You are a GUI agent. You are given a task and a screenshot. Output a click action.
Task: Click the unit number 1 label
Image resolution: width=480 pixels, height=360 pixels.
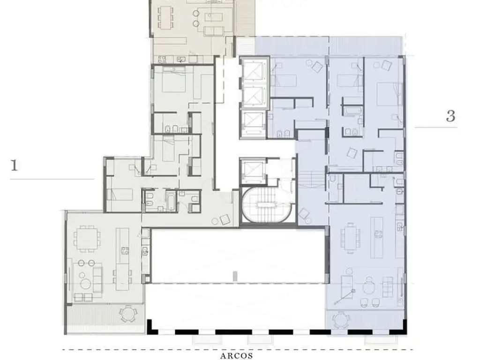click(x=15, y=165)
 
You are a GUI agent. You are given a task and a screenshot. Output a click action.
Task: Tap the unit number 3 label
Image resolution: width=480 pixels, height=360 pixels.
click(x=450, y=116)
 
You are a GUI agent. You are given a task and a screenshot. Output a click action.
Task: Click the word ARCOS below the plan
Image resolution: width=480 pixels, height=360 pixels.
click(x=237, y=355)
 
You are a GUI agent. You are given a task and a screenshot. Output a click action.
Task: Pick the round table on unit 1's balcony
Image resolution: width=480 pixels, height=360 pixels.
click(x=127, y=313)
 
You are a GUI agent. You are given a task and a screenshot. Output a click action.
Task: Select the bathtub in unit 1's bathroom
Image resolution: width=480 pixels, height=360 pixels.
click(x=170, y=201)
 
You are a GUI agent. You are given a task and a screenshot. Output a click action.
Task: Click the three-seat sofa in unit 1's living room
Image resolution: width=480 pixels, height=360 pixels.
click(x=97, y=279)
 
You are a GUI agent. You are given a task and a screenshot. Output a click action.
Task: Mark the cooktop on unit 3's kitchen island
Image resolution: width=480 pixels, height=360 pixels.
click(x=378, y=234)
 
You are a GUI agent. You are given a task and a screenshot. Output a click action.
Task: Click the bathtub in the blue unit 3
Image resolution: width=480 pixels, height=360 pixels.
click(x=352, y=110)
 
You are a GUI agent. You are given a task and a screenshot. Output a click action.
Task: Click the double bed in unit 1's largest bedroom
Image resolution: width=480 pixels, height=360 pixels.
click(x=173, y=80)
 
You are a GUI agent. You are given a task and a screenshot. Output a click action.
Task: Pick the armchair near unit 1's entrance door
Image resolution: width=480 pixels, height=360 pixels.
click(x=225, y=219)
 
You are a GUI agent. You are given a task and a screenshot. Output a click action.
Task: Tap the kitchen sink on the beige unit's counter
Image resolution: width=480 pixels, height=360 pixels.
click(x=180, y=59)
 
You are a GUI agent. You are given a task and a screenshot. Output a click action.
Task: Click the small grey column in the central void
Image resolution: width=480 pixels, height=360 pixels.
click(x=235, y=276)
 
